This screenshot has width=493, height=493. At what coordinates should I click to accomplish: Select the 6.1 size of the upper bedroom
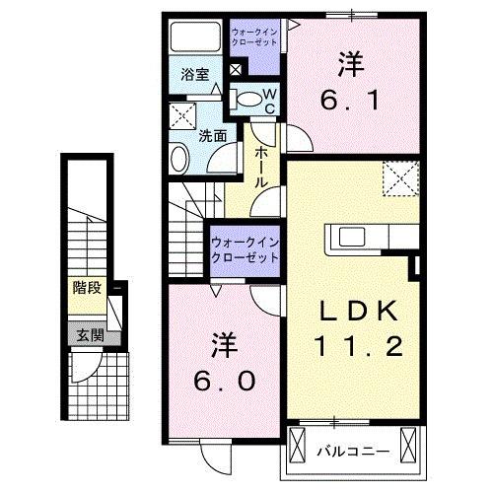click(x=349, y=99)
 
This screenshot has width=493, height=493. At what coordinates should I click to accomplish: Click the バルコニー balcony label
click(x=352, y=451)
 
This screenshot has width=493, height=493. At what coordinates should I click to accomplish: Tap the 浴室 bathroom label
click(x=193, y=75)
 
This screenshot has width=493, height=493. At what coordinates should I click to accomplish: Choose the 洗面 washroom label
click(x=214, y=136)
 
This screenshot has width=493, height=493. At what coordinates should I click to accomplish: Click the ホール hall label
click(x=264, y=167)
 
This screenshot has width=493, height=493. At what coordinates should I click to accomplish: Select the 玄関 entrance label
click(x=86, y=334)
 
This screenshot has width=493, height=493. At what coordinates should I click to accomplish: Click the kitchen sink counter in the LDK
click(x=360, y=238)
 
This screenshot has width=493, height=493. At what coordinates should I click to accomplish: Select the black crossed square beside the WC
click(x=235, y=71)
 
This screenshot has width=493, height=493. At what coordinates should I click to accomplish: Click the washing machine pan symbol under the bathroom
click(x=182, y=114)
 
